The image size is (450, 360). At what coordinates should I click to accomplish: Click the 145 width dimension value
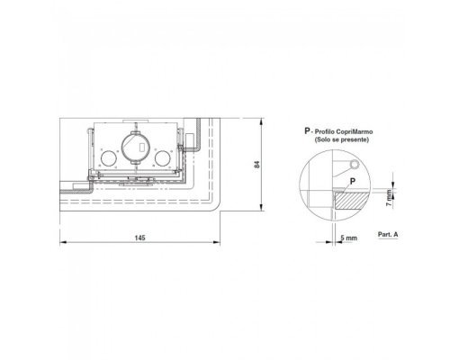(x=139, y=238)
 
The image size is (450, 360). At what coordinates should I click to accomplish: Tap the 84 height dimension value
(x=257, y=165)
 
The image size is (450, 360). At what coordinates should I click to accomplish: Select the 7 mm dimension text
(x=389, y=198)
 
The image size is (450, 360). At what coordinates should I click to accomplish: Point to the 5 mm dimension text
(x=349, y=238)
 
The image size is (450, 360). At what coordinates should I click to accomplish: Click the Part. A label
(x=388, y=234)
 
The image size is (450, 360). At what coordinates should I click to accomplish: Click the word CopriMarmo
(x=355, y=131)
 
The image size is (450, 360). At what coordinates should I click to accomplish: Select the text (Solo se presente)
(x=342, y=139)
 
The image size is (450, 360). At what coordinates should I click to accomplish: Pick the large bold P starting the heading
(x=307, y=131)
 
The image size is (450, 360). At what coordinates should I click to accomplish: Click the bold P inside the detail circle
(x=353, y=181)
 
